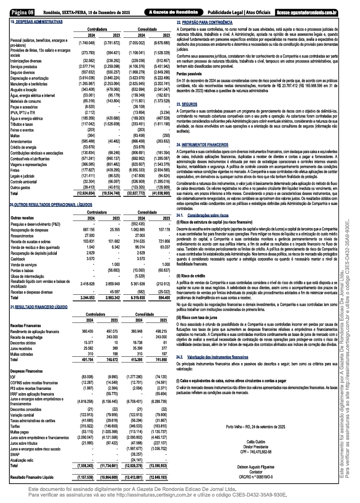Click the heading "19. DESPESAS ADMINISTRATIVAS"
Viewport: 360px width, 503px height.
click(35, 22)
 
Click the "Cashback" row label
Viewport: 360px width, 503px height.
click(18, 259)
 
